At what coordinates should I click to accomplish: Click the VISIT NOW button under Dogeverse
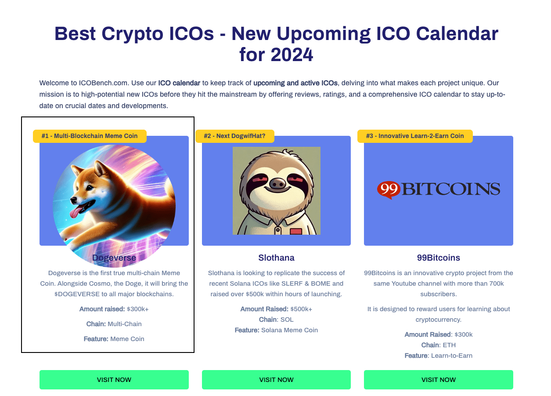pos(114,379)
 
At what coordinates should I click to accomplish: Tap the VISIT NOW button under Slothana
pos(276,379)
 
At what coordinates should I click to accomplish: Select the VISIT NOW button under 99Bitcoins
pos(438,379)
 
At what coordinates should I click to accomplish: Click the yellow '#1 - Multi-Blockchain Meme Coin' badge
pos(90,136)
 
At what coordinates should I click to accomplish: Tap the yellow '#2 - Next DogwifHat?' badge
pos(234,136)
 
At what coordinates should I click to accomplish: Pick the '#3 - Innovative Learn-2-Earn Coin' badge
pos(415,136)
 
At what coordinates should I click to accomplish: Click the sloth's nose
pos(278,183)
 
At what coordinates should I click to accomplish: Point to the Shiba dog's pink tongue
pos(76,212)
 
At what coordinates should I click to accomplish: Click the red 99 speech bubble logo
pos(389,189)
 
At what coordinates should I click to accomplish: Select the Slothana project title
pos(276,258)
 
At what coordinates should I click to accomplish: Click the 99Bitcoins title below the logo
pos(438,258)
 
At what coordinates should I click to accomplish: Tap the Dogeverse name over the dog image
pos(114,258)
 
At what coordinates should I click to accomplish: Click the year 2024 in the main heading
pos(292,54)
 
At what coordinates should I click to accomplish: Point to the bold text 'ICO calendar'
pos(179,83)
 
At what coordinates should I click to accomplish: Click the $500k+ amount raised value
pos(301,309)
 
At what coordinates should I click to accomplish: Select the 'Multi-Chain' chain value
pos(124,324)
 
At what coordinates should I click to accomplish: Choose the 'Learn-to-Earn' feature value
pos(452,356)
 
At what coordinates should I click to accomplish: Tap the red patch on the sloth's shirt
pos(295,231)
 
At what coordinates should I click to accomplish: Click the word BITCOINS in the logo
pos(451,189)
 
